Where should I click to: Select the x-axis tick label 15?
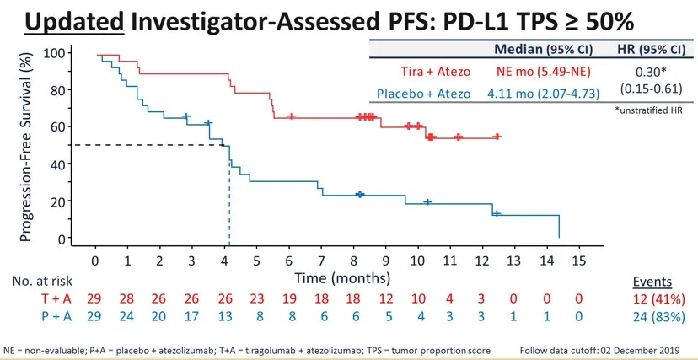578,259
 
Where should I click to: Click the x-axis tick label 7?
321,259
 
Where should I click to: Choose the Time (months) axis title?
341,277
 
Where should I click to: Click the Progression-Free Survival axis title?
26,146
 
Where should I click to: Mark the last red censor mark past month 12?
497,136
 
